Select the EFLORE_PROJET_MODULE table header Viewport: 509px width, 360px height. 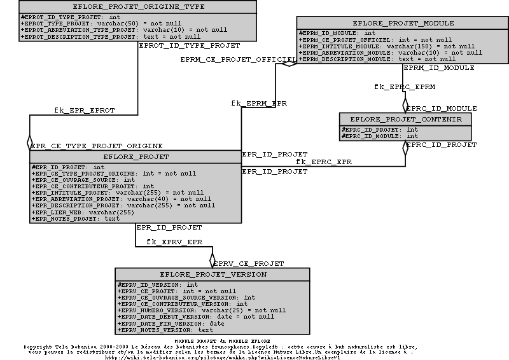[x=403, y=23]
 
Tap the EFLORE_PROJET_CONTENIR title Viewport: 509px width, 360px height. [x=405, y=120]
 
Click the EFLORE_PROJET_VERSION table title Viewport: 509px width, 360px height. [x=213, y=275]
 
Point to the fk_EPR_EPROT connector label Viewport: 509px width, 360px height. [x=84, y=110]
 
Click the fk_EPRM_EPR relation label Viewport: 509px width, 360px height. [x=259, y=102]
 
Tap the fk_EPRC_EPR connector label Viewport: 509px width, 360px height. [x=323, y=162]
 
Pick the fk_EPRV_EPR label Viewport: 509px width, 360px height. [x=174, y=242]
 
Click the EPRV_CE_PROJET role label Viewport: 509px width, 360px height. [x=248, y=263]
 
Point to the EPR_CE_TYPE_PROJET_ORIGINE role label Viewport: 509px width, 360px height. [x=97, y=146]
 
